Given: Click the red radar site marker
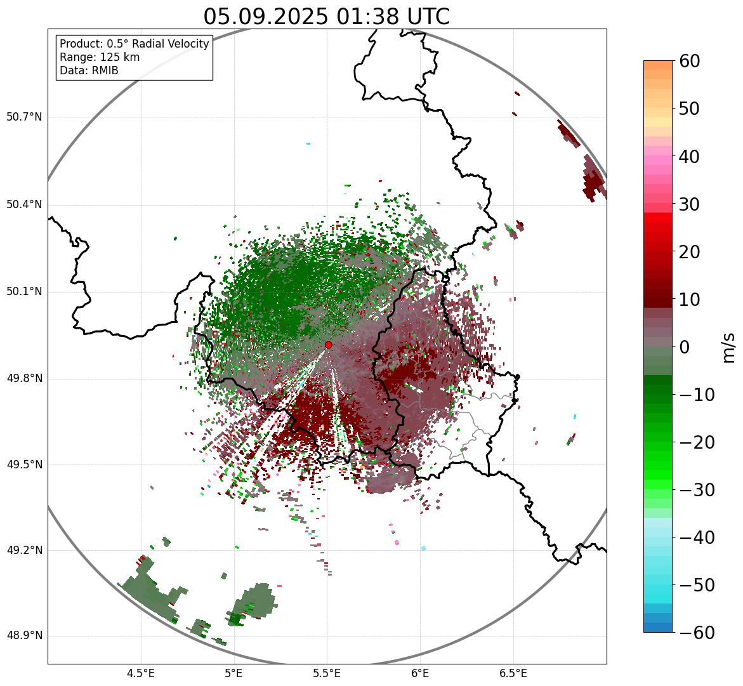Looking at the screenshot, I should [329, 345].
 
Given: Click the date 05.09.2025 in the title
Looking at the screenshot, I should [266, 16].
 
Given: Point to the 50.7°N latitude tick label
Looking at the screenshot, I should [24, 117].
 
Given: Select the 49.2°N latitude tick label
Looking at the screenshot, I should [24, 550].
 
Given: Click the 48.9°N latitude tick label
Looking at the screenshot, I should [24, 636].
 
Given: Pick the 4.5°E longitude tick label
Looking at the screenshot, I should [141, 673].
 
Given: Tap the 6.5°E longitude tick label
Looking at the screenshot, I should [513, 673].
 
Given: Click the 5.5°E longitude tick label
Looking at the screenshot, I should [327, 673].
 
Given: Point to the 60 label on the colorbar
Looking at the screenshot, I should [690, 61].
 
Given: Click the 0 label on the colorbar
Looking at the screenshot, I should [685, 347].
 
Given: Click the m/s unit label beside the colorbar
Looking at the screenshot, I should [728, 347].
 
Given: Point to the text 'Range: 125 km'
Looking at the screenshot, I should [100, 57].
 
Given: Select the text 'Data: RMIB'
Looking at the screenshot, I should [89, 70].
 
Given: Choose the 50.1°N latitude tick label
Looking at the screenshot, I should [24, 292].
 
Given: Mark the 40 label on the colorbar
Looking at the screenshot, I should [690, 156].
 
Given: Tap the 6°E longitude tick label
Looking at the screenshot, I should [419, 673].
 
